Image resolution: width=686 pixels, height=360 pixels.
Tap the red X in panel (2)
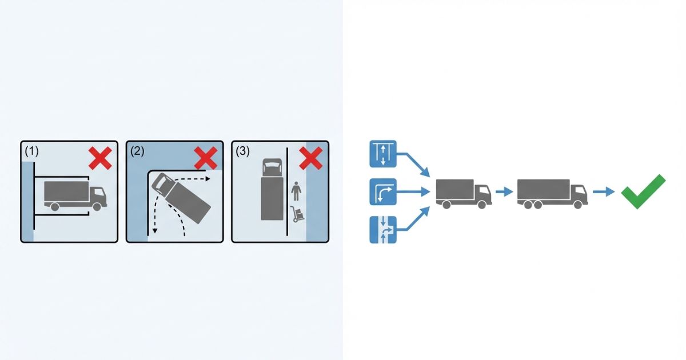coord(206,158)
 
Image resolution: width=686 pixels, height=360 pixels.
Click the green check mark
coord(644,191)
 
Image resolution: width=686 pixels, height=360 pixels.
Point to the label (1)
coord(32,151)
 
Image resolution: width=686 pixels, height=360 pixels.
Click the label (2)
coord(137,151)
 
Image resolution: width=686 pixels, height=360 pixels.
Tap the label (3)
coord(243,151)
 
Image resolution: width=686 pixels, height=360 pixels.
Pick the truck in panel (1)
coord(74,195)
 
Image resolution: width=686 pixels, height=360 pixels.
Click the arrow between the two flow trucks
coord(504,192)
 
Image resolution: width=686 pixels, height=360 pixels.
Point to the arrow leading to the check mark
coord(600,192)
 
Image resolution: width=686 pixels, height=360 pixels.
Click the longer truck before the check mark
coord(552,193)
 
